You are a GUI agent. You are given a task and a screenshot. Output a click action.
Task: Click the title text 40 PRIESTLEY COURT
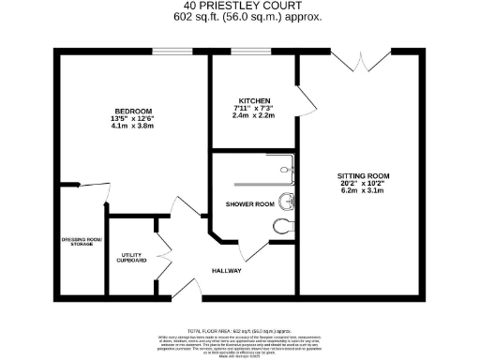(x=240, y=7)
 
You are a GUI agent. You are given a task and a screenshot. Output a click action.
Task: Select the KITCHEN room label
(x=254, y=100)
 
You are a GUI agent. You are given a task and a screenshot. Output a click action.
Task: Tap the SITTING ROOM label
(x=364, y=175)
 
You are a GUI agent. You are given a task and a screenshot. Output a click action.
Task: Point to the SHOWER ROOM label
(x=249, y=204)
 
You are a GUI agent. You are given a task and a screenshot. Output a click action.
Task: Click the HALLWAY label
(x=226, y=270)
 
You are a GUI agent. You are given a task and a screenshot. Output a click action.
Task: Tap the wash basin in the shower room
(x=288, y=201)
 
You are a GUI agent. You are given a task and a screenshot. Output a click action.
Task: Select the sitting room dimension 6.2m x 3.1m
(x=364, y=190)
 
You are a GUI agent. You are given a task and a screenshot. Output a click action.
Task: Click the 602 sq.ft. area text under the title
(x=240, y=17)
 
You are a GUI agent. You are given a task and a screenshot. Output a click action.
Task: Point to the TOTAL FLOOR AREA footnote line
(x=240, y=332)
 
